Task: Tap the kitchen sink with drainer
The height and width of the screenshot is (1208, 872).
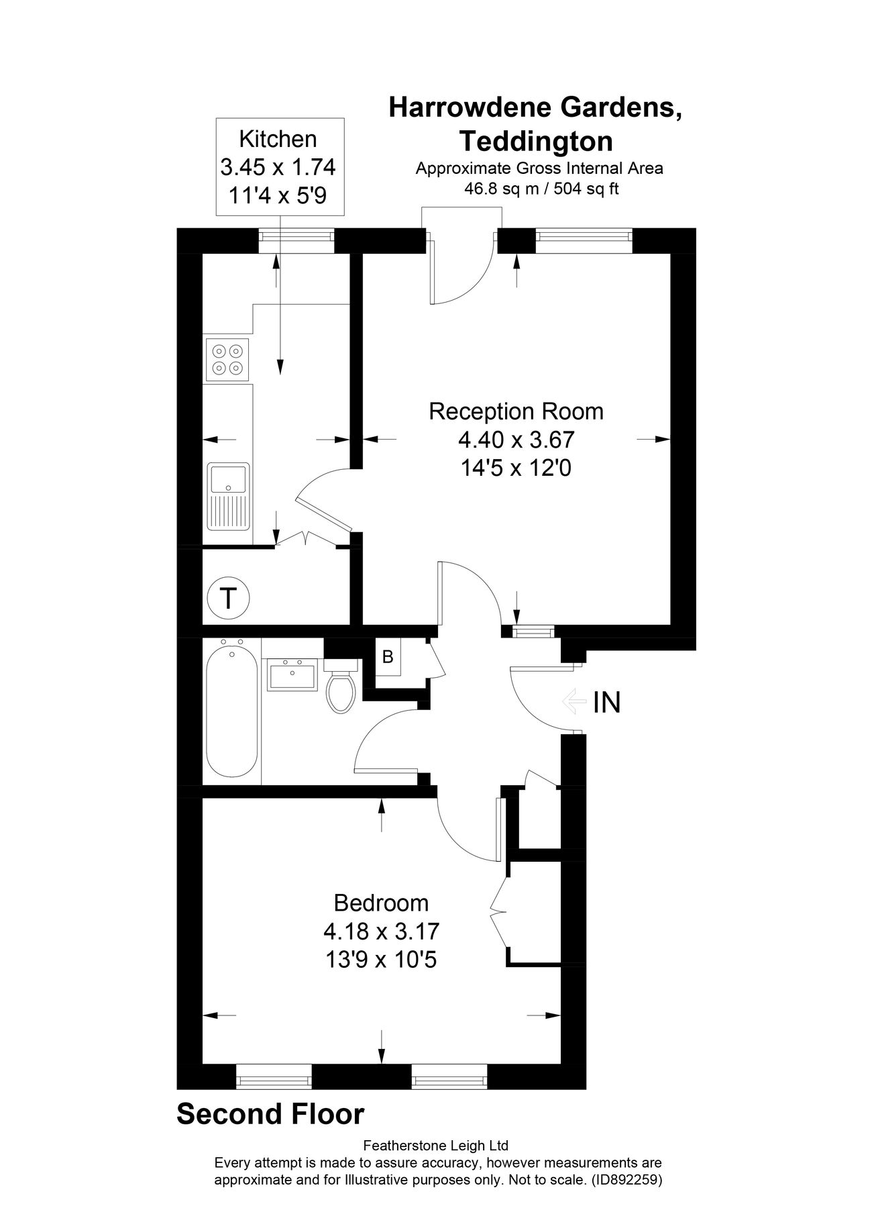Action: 229,495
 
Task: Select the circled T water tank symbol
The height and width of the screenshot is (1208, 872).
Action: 229,597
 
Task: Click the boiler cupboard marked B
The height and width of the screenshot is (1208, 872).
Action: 388,657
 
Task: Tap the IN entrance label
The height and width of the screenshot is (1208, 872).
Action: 606,702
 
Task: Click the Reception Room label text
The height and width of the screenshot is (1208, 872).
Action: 516,411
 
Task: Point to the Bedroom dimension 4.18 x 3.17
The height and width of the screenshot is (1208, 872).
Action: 381,931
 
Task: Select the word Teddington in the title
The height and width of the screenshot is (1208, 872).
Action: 535,142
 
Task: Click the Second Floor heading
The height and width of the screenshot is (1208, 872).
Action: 270,1113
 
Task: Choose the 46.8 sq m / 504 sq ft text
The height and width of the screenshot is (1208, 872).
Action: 541,189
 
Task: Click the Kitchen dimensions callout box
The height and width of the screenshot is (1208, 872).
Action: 278,166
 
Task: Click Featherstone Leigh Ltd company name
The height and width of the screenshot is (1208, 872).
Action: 435,1145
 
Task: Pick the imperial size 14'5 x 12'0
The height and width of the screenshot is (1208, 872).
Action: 516,468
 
